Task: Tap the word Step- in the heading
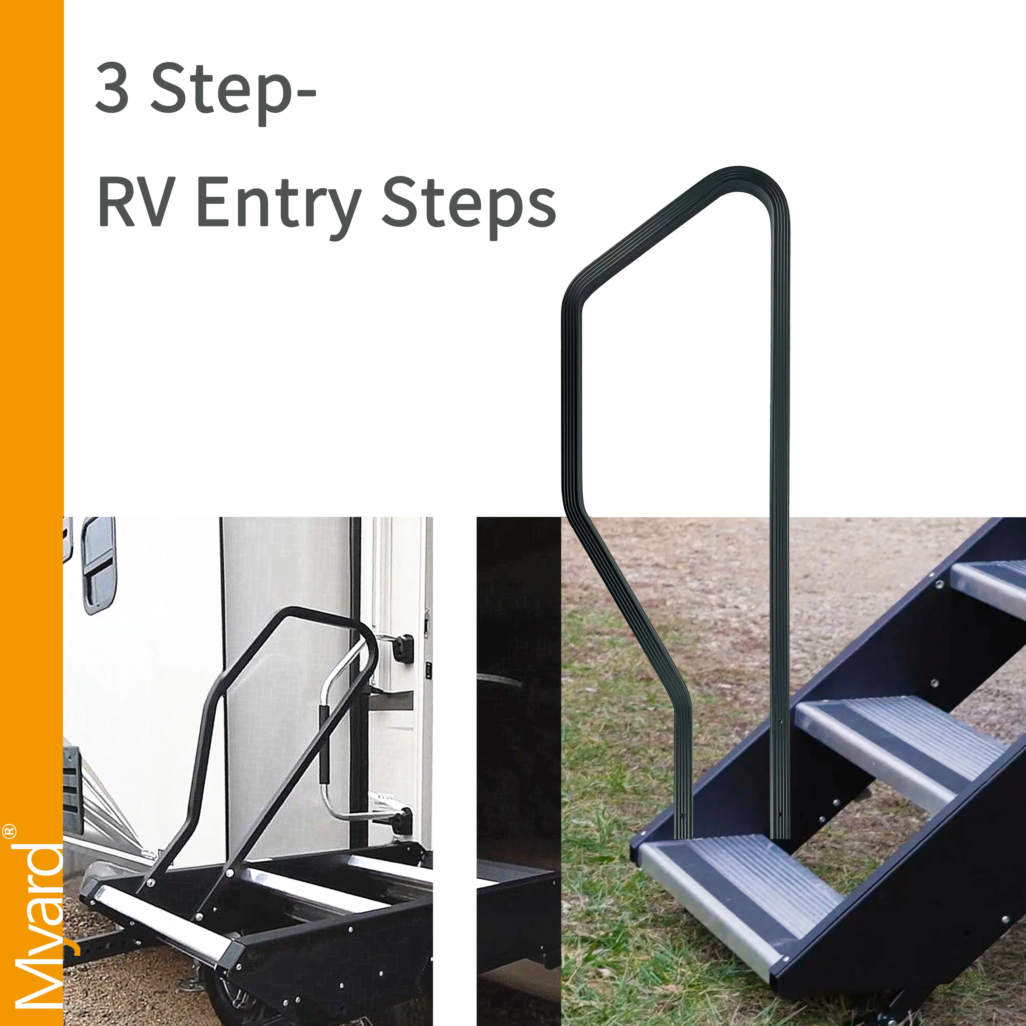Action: [x=234, y=90]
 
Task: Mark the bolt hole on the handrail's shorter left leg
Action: [x=683, y=815]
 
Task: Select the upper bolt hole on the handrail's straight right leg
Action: [x=779, y=722]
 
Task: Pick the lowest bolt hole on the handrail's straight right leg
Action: [x=779, y=814]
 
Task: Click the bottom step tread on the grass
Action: [x=738, y=882]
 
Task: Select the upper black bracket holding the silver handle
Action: [x=403, y=648]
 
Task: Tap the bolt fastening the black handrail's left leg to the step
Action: [x=150, y=883]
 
